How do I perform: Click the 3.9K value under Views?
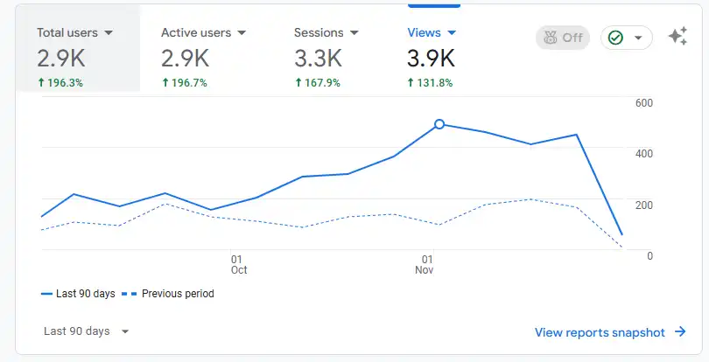431,59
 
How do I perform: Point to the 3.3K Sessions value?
318,59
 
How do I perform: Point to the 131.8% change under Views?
431,82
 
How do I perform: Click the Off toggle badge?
563,38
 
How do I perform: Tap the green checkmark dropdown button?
626,38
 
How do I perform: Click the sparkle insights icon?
677,37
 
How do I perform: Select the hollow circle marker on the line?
439,124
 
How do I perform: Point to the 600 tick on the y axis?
644,103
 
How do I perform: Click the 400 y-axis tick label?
644,154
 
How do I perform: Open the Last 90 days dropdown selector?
87,331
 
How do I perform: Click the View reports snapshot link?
610,332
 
